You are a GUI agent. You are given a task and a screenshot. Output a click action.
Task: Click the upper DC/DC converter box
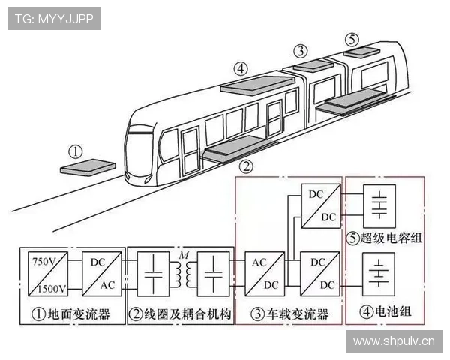[x=318, y=206]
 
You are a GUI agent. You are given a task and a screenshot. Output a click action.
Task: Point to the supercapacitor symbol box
[x=382, y=204]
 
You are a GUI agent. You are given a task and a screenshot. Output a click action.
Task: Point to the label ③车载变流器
[x=289, y=314]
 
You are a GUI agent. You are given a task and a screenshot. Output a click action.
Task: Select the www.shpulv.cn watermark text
[x=393, y=342]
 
